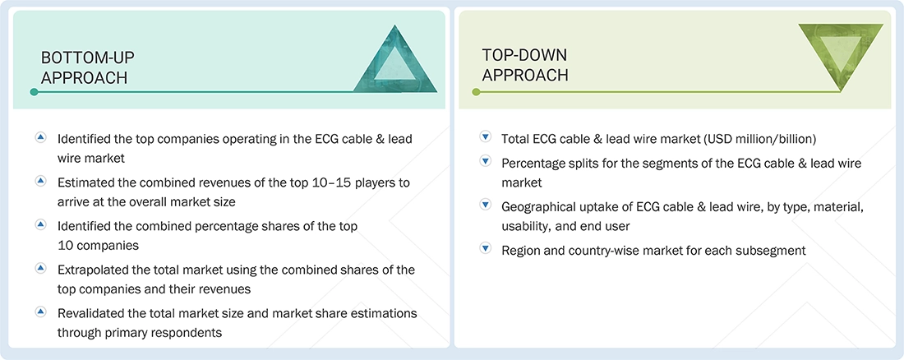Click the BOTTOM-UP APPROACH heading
pyautogui.click(x=88, y=67)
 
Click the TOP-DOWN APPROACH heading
pyautogui.click(x=525, y=64)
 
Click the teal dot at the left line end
pyautogui.click(x=34, y=92)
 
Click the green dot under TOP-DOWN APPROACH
pyautogui.click(x=475, y=92)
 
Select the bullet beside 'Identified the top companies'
pyautogui.click(x=40, y=138)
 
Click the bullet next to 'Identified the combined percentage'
pyautogui.click(x=40, y=224)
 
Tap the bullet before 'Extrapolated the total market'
pyautogui.click(x=40, y=269)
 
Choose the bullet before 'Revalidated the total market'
pyautogui.click(x=40, y=312)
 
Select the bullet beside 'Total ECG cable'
pyautogui.click(x=485, y=138)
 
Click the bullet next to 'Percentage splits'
pyautogui.click(x=485, y=163)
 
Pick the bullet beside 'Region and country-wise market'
pyautogui.click(x=485, y=250)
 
